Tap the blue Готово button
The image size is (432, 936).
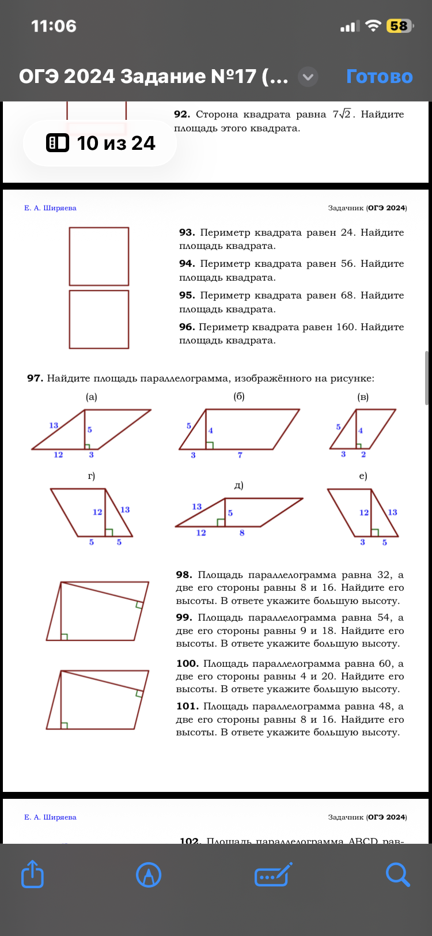[379, 76]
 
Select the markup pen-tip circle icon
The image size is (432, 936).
[149, 874]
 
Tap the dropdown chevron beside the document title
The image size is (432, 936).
[308, 77]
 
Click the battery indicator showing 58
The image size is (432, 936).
[399, 26]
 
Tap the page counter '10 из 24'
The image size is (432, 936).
[100, 143]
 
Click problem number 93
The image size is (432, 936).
[187, 232]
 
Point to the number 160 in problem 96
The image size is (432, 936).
[346, 327]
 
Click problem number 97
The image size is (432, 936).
[35, 378]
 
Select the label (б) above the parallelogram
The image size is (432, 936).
[239, 397]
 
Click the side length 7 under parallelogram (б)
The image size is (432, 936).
[240, 455]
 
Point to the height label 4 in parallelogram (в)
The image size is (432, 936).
[361, 431]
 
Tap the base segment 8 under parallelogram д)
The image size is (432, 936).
[242, 533]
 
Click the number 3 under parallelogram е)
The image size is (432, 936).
[362, 542]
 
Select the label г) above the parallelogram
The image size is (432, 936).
[91, 475]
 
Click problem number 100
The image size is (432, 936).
[187, 663]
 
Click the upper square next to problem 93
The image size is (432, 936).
[99, 256]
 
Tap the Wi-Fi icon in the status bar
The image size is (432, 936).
[374, 26]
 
